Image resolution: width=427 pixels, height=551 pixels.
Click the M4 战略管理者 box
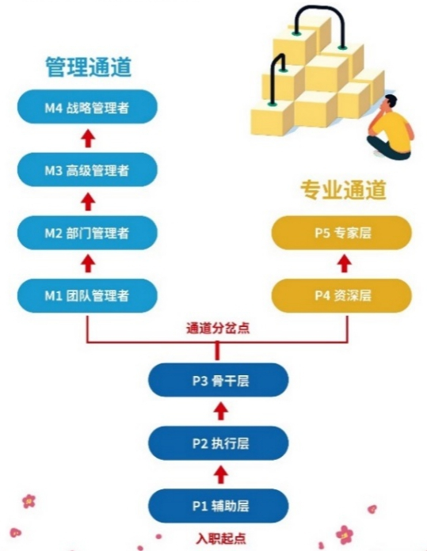tap(87, 106)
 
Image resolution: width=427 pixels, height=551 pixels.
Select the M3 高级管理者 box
tap(87, 169)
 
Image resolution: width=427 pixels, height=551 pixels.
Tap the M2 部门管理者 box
tap(87, 233)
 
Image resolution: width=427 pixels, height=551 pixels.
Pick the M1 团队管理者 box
tap(87, 295)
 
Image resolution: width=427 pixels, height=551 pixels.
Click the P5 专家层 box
tap(341, 233)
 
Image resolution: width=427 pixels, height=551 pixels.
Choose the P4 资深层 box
tap(341, 295)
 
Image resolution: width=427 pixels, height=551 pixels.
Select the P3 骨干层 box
tap(219, 380)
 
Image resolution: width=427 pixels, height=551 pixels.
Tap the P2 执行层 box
tap(219, 443)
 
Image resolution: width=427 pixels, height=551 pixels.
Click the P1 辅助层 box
tap(219, 506)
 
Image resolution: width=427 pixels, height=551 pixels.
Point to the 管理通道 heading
tap(88, 66)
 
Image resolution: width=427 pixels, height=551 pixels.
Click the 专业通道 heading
tap(343, 190)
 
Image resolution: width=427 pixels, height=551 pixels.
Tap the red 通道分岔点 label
tap(218, 328)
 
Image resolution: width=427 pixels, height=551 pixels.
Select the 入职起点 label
tap(221, 538)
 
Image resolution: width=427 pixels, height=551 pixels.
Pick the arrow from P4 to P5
tap(345, 264)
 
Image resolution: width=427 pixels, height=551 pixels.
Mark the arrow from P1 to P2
tap(221, 475)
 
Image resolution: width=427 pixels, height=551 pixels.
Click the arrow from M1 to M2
tap(88, 264)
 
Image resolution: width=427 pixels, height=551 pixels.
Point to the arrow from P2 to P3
tap(221, 412)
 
